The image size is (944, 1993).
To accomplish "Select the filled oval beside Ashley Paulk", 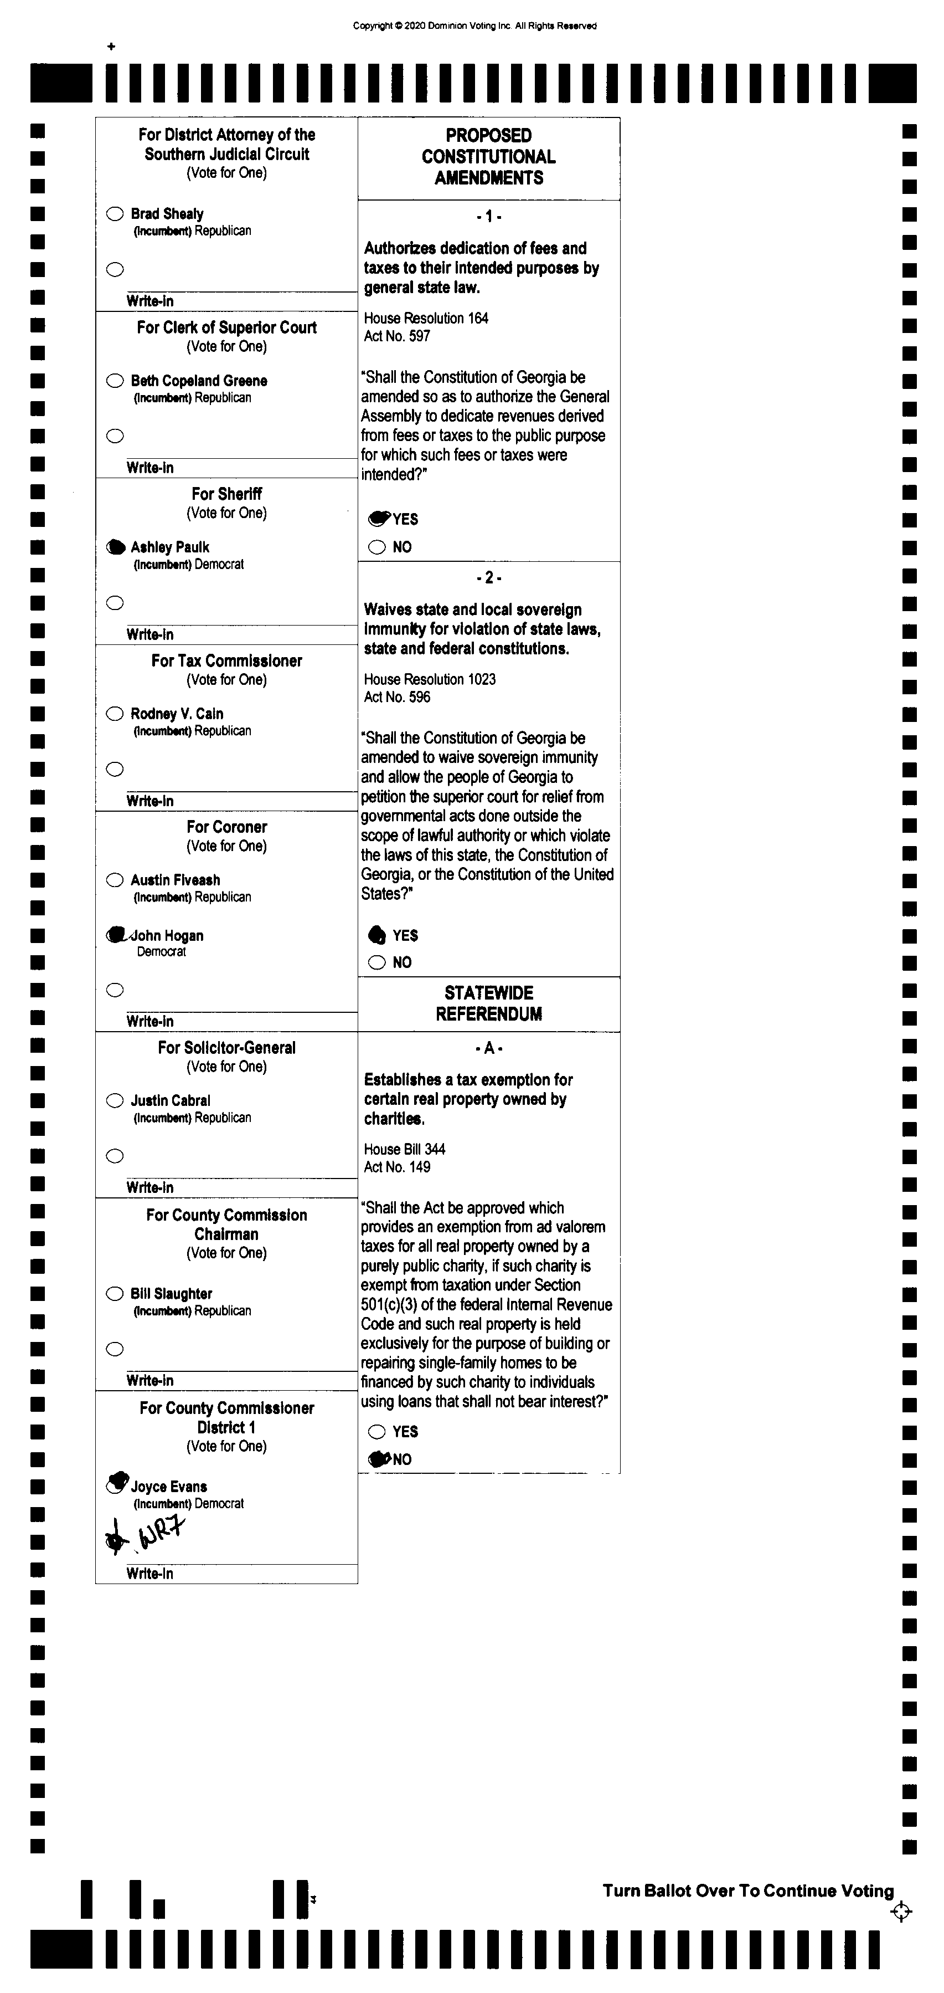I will (x=115, y=547).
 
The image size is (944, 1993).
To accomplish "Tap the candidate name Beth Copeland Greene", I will (x=199, y=381).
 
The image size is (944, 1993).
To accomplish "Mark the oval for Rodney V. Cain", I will (x=115, y=713).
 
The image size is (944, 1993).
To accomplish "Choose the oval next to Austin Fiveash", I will (x=115, y=880).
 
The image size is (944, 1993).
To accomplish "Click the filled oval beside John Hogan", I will (x=116, y=935).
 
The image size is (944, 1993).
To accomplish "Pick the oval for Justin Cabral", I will (x=115, y=1100).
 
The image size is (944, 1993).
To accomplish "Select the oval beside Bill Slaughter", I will (x=115, y=1294).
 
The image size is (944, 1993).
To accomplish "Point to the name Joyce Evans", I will (x=168, y=1486).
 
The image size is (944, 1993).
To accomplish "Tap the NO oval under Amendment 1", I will (x=376, y=547).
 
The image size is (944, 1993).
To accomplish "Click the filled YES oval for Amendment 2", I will (x=376, y=935).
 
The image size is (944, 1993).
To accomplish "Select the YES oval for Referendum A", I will (x=376, y=1431).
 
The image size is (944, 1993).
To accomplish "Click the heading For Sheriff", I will (x=226, y=494).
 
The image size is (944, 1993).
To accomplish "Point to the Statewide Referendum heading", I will (x=489, y=1003).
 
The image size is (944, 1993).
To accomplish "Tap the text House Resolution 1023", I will (x=430, y=679).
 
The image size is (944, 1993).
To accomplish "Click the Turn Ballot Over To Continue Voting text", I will (x=747, y=1891).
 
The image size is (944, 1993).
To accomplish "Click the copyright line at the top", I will (x=474, y=25).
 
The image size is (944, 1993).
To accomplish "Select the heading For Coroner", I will (x=226, y=826).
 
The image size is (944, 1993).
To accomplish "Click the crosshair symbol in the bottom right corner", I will (x=901, y=1912).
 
